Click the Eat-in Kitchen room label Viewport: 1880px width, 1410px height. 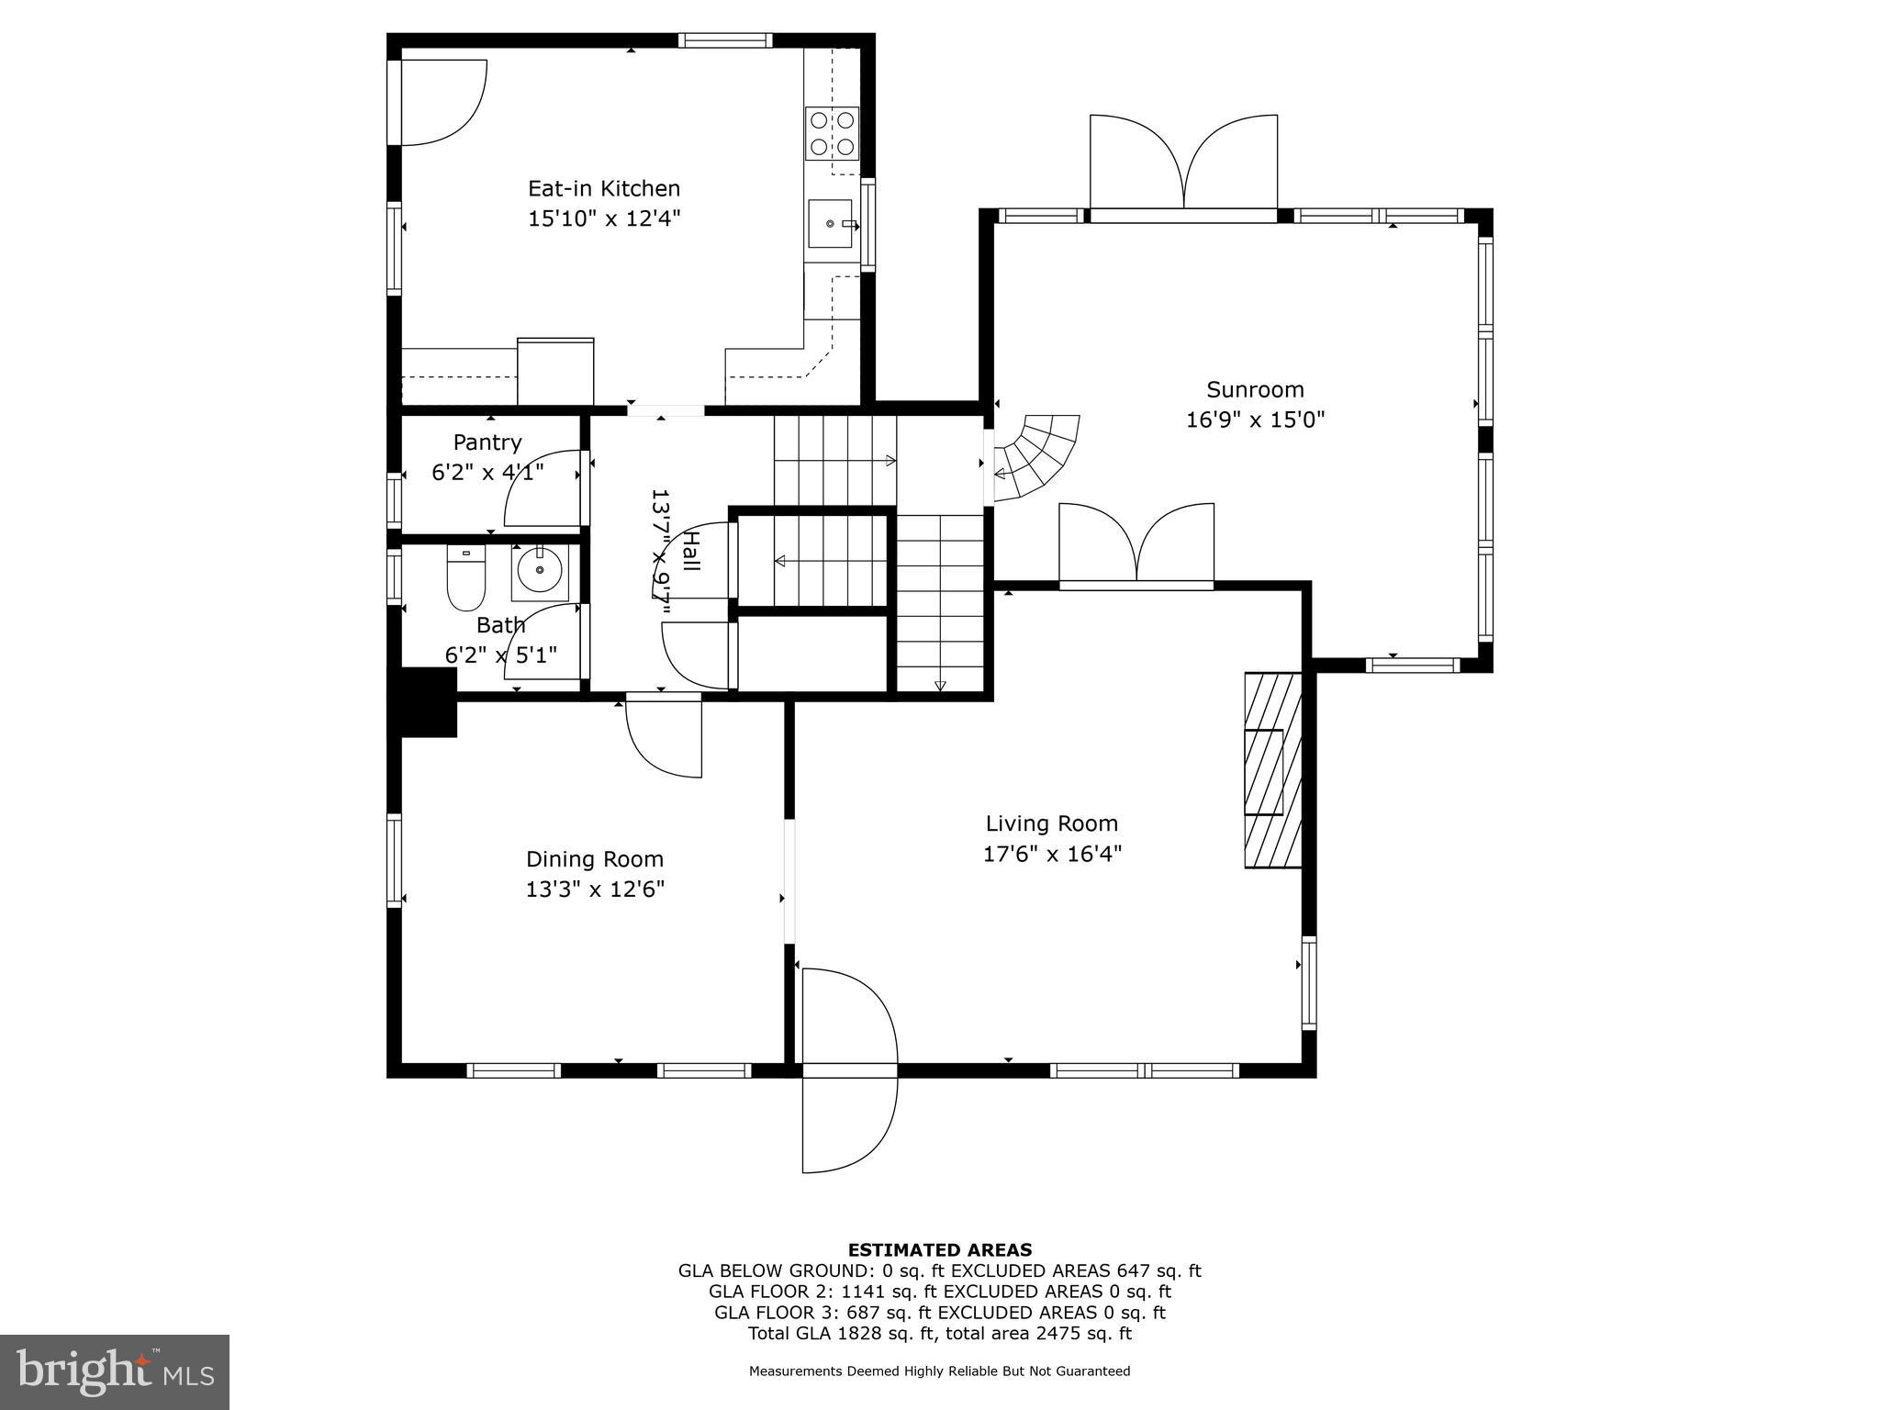[603, 188]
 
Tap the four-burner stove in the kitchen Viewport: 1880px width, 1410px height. [832, 133]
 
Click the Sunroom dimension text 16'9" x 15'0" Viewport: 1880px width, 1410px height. [1255, 420]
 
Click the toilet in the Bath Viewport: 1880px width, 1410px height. [465, 578]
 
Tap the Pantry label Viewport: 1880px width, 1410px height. [487, 442]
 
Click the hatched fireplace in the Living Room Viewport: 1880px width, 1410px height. [1272, 769]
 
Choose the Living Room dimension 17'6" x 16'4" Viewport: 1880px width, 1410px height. [1052, 854]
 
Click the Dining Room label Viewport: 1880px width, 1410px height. [594, 859]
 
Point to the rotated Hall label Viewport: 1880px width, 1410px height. [691, 551]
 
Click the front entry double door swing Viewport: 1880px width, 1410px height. [848, 1070]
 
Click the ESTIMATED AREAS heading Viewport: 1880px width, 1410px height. [939, 1249]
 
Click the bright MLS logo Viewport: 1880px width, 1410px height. [115, 1371]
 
